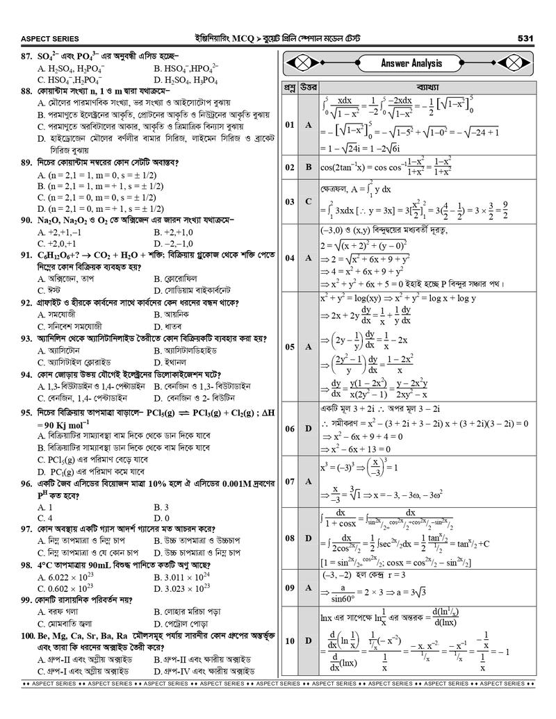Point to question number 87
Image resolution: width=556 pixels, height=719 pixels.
28,55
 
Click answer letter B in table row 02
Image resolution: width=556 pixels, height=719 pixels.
309,167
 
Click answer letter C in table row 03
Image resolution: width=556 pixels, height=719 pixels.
309,201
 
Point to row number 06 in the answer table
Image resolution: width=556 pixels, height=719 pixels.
290,429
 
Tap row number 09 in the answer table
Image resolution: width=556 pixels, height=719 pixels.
290,588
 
